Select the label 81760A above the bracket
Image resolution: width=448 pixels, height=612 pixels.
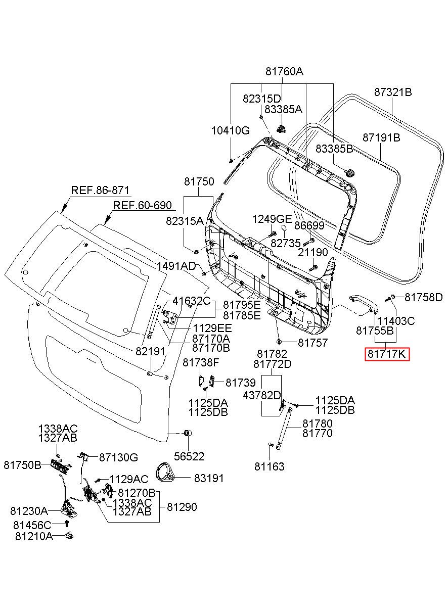coord(284,71)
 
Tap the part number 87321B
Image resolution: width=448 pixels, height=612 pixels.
coord(393,92)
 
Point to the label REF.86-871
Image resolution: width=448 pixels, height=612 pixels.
coord(100,190)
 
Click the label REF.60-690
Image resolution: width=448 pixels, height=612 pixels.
coord(143,205)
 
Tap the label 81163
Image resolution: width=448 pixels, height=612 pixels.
coord(269,466)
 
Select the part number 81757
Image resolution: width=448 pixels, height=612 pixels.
coord(312,342)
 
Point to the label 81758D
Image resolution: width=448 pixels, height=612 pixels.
coord(423,297)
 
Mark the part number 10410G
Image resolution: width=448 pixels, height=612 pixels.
coord(231,130)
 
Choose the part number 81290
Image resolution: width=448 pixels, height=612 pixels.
coord(182,507)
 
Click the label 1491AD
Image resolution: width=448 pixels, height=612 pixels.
coord(176,266)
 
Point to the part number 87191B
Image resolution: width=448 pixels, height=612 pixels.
coord(381,137)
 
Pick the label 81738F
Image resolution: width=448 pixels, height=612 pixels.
coord(201,362)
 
